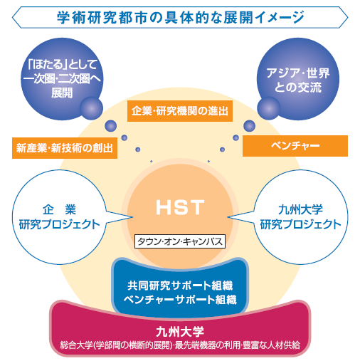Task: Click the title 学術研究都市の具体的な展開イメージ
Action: coord(180,17)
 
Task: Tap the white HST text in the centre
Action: coord(180,207)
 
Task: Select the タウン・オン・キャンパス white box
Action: coord(180,241)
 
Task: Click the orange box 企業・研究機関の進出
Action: coord(180,111)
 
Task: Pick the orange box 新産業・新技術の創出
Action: coord(65,148)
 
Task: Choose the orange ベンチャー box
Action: coord(295,146)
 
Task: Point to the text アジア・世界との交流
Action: coord(298,80)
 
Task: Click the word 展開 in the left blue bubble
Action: coord(62,93)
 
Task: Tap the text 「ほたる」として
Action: coord(62,64)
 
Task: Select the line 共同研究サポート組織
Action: coord(180,286)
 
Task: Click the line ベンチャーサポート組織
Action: coord(180,300)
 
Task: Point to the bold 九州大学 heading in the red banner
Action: coord(180,332)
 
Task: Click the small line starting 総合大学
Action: coord(180,345)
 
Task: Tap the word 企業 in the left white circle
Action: coord(60,209)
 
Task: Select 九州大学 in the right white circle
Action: coord(300,209)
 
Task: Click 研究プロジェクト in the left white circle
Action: coord(60,224)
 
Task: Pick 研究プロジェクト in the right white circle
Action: coord(300,224)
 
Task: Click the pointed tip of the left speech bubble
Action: coord(132,217)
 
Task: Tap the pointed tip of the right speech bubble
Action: coord(228,217)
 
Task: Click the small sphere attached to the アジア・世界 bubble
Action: coord(269,108)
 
